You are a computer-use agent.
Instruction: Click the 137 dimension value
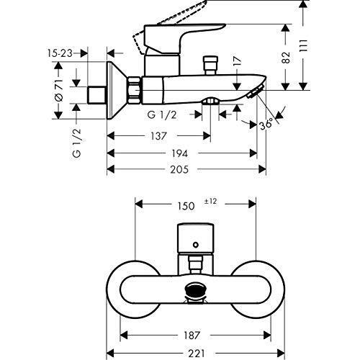tap(158, 136)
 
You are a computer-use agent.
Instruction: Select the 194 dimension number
tap(179, 153)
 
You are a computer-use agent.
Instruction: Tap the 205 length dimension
tap(179, 169)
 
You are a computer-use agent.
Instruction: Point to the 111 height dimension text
tap(304, 45)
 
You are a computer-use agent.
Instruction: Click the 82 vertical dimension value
tap(286, 58)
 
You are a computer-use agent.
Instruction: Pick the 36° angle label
tap(266, 124)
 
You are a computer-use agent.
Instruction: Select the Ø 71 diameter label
tap(59, 90)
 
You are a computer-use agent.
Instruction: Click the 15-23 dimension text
tap(60, 53)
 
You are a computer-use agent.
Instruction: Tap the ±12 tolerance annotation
tap(210, 201)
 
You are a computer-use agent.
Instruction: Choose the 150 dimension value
tap(186, 206)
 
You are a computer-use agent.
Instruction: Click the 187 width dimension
tap(192, 335)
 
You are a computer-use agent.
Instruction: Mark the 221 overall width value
tap(197, 354)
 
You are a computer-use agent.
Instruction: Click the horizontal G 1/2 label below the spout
tap(162, 115)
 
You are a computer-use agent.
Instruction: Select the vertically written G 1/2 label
tap(77, 143)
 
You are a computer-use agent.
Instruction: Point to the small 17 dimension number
tap(237, 61)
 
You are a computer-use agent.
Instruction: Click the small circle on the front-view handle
tap(196, 245)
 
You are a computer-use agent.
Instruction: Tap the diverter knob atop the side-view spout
tap(210, 66)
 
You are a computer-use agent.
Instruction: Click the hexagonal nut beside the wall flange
tap(134, 90)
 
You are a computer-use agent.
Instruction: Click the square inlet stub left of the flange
tap(96, 94)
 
